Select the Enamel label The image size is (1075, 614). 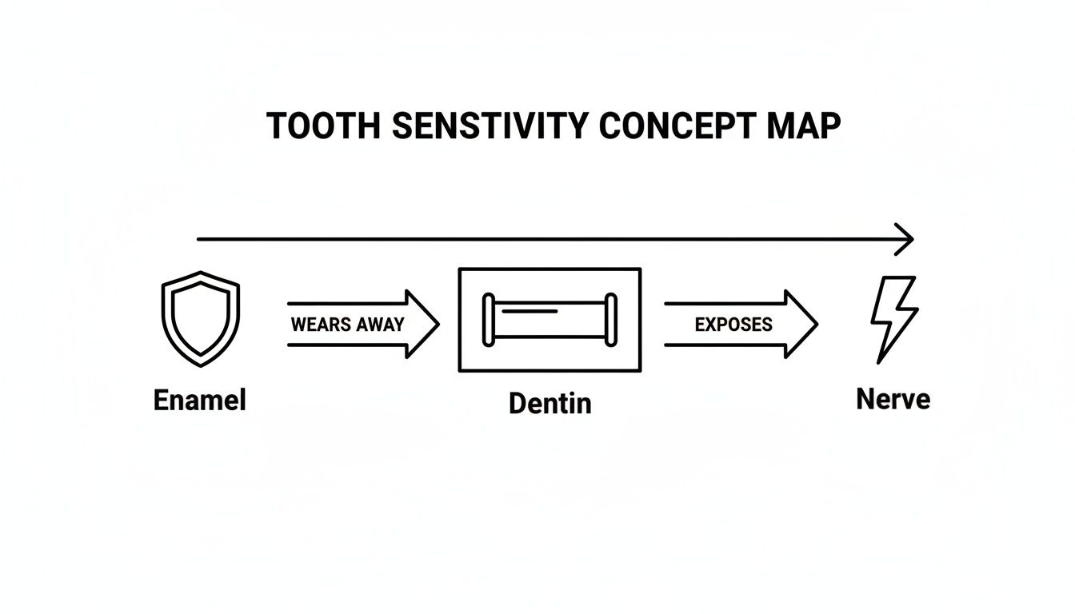pos(200,400)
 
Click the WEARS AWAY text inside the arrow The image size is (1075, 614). pos(348,325)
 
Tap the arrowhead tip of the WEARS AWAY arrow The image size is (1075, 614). pos(437,324)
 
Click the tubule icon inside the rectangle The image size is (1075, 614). pos(549,320)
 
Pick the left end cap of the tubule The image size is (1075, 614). pos(487,320)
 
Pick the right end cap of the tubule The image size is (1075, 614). pos(612,320)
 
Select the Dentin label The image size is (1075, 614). pos(549,404)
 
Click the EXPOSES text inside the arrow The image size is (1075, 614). pos(733,325)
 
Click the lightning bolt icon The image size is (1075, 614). pos(894,319)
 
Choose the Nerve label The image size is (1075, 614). pos(893,399)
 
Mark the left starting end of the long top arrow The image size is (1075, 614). pos(199,239)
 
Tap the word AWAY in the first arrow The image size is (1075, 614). pos(379,325)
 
